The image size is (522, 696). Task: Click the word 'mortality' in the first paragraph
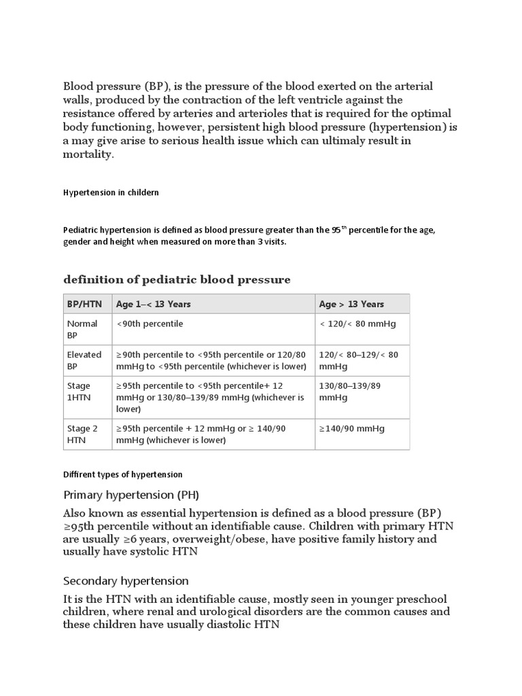88,154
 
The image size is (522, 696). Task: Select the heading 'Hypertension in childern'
111,192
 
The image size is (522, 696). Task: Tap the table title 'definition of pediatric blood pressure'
177,279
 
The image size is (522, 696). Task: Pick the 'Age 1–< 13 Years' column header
154,304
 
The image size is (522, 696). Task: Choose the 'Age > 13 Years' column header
351,304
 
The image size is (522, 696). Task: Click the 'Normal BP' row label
82,330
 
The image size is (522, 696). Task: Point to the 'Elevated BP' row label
84,360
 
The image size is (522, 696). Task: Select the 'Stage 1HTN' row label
79,391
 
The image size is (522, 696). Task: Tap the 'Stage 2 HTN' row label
82,434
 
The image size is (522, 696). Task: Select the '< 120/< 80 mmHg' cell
358,324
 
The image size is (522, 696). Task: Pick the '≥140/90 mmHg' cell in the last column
351,428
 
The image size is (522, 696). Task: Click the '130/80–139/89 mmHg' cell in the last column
359,391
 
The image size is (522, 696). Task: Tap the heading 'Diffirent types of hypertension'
123,474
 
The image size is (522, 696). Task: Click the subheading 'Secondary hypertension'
126,581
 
